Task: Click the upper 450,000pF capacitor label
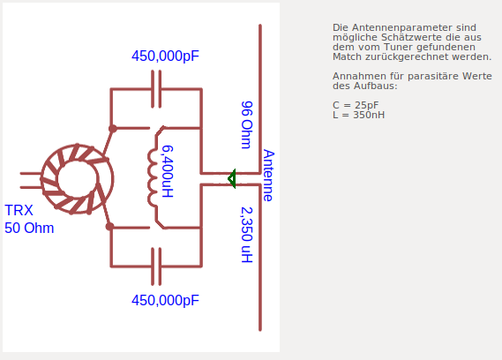click(x=165, y=56)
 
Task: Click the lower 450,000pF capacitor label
click(x=165, y=300)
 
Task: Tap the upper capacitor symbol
click(x=156, y=89)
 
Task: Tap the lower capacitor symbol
click(x=156, y=266)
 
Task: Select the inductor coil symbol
click(x=153, y=177)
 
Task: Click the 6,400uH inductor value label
click(x=168, y=171)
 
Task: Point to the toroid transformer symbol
click(x=78, y=179)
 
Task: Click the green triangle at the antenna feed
click(x=232, y=179)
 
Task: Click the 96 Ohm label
click(x=246, y=125)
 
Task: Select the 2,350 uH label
click(x=246, y=235)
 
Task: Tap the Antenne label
click(x=268, y=176)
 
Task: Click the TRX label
click(x=19, y=210)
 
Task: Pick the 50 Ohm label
click(x=29, y=228)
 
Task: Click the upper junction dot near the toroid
click(x=113, y=129)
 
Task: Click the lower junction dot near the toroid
click(x=109, y=227)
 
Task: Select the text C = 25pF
click(x=356, y=105)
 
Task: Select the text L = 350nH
click(x=358, y=115)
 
